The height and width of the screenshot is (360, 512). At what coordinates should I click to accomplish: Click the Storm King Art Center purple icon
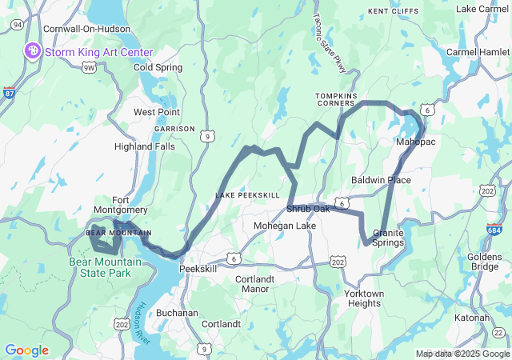tap(34, 52)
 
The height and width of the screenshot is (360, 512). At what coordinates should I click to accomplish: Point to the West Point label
tap(156, 112)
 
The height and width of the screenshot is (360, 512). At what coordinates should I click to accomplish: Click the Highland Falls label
tap(144, 146)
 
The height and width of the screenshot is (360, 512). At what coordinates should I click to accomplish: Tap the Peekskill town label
tap(198, 269)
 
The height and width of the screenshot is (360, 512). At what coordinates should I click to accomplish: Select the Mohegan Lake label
tap(284, 226)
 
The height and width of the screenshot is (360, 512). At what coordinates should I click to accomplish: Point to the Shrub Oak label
tap(308, 210)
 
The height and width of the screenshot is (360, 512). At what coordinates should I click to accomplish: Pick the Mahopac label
tap(414, 142)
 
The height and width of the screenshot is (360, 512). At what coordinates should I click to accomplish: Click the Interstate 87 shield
tap(9, 92)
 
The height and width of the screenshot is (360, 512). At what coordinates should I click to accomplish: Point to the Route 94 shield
tap(16, 25)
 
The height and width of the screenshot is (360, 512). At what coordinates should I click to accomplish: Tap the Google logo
tap(26, 350)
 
